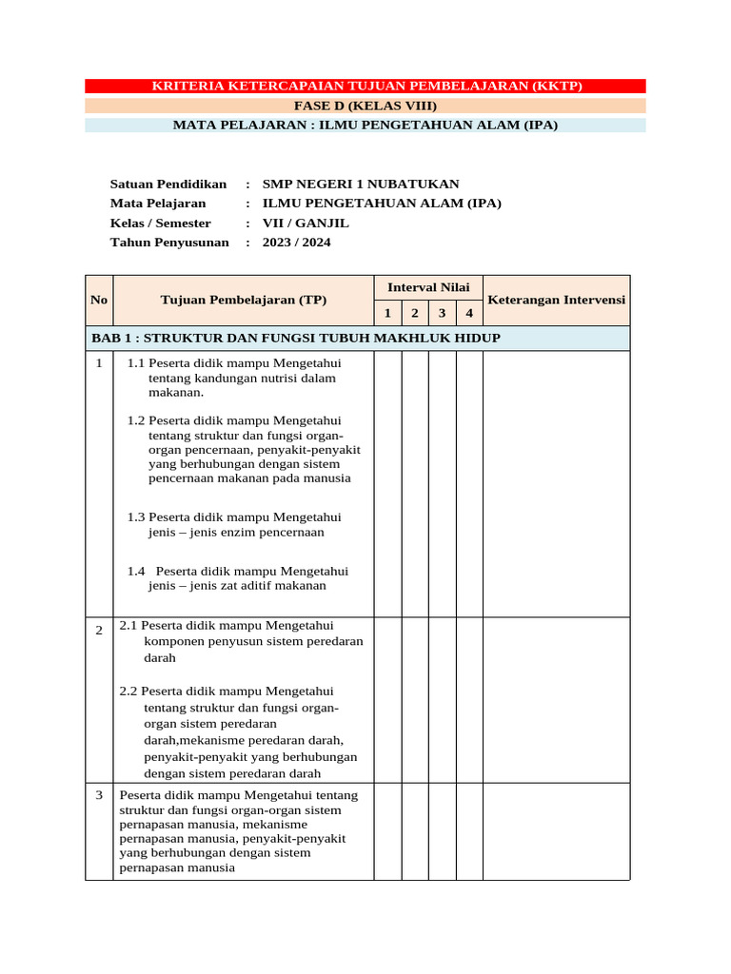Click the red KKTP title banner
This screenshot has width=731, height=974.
point(366,87)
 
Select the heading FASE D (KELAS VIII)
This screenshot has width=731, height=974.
point(365,106)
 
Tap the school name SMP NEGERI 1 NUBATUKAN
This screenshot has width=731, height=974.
point(360,184)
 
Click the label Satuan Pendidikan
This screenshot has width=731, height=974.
point(168,184)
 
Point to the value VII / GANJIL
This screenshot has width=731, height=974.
point(306,223)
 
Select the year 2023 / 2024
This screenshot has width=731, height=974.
point(296,243)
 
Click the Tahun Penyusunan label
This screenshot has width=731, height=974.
point(169,243)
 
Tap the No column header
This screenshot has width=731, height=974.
point(99,300)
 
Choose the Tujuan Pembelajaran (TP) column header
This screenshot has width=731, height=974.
point(244,300)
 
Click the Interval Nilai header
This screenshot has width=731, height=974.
point(428,287)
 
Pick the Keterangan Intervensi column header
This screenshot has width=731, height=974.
point(556,300)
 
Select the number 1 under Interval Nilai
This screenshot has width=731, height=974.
point(387,313)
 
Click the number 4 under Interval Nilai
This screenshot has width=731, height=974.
point(469,313)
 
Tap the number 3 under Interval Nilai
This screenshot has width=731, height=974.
point(442,313)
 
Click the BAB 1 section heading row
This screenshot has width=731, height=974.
point(296,339)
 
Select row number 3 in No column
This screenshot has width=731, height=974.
point(99,795)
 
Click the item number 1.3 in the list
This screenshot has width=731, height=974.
point(136,517)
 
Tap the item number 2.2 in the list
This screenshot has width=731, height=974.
point(128,692)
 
